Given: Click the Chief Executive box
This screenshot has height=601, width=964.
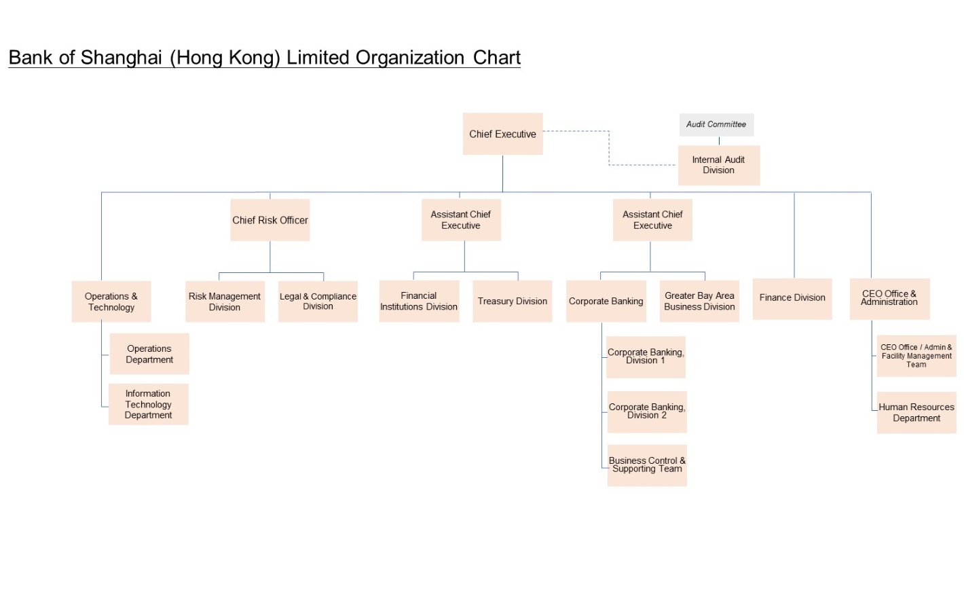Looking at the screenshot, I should point(502,134).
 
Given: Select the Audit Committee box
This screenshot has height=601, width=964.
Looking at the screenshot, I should point(716,124).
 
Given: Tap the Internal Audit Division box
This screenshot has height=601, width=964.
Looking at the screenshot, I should point(718,165).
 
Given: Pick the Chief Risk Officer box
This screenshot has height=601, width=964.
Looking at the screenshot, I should point(270,220).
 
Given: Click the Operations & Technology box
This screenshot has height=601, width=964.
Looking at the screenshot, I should point(111,302).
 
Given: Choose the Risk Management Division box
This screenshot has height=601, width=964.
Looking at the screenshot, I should point(225,302).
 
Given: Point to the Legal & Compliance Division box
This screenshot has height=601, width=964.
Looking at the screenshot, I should point(318,302).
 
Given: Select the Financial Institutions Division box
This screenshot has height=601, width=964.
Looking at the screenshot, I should point(419,301).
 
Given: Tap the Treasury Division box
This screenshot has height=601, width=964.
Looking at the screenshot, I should point(512,301).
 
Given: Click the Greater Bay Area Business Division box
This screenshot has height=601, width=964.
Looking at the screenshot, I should point(699,301).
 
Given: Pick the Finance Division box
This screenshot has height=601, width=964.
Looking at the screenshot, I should point(792,298).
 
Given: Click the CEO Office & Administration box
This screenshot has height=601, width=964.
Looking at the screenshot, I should point(889,298).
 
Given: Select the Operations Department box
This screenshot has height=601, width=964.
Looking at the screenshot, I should point(149,354).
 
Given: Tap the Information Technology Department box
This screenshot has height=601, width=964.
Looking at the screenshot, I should point(148,404).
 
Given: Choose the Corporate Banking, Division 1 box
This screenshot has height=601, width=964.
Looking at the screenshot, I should point(646,357).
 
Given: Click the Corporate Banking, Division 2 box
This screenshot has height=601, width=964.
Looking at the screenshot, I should point(647,412).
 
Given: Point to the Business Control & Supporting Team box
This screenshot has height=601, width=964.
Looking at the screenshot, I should point(647,465).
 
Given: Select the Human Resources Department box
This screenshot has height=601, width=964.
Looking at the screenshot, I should point(916,412).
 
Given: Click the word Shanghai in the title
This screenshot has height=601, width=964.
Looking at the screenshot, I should point(122,58).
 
